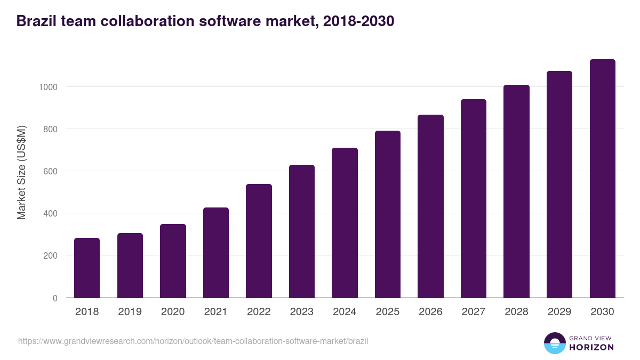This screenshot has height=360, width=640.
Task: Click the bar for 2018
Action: (x=87, y=268)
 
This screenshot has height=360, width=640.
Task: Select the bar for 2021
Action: (x=215, y=253)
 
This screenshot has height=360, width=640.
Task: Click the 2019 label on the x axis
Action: (x=130, y=312)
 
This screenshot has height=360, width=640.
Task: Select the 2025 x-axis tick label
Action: (x=387, y=312)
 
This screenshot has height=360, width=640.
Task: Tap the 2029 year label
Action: (x=559, y=312)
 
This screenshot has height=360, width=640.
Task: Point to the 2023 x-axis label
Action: (x=301, y=312)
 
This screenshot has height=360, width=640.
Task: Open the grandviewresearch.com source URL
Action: (x=193, y=341)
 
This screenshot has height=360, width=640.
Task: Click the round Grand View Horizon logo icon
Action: (x=554, y=343)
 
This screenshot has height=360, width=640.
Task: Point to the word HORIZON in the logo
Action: (x=591, y=347)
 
